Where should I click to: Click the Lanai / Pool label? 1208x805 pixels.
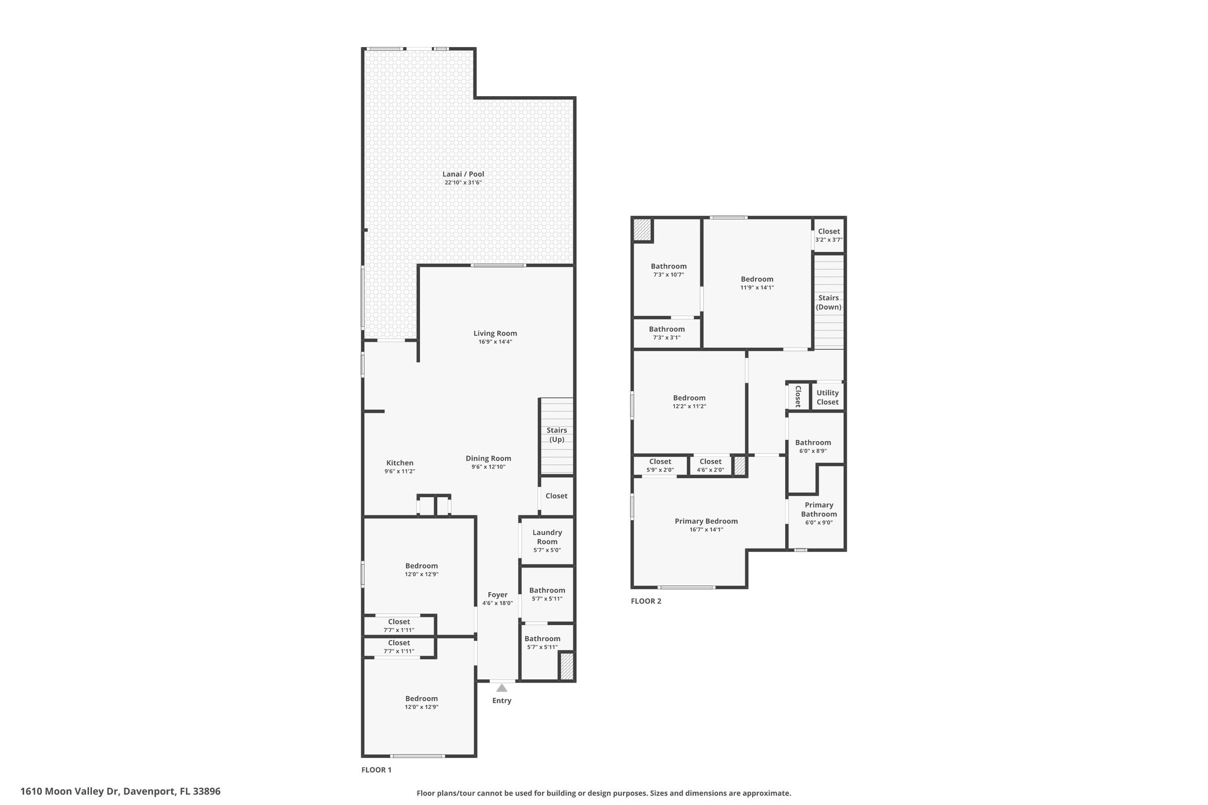pos(463,174)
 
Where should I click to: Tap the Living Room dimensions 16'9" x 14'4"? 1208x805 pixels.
pos(495,342)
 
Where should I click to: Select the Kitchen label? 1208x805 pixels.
pos(399,463)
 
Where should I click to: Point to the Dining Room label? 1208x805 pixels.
pos(488,458)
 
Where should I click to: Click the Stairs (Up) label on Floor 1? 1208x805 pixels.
pos(556,435)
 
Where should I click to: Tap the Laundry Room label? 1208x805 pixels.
pos(547,537)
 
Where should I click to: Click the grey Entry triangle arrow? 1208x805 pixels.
pos(501,688)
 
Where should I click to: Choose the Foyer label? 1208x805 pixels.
pos(497,595)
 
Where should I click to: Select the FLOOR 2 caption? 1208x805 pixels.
pos(646,601)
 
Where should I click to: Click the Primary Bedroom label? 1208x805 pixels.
pos(706,521)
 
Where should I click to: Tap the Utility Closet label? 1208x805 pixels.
pos(827,397)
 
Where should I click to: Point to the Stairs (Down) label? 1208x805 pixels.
pos(828,302)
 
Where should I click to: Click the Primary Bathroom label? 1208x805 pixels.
pos(819,509)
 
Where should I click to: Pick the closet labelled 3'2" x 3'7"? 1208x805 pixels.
pos(829,235)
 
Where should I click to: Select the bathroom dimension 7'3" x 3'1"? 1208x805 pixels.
pos(667,338)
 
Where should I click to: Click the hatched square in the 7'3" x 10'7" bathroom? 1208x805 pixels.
pos(642,229)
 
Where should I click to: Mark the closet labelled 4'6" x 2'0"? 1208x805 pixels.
pos(710,465)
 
